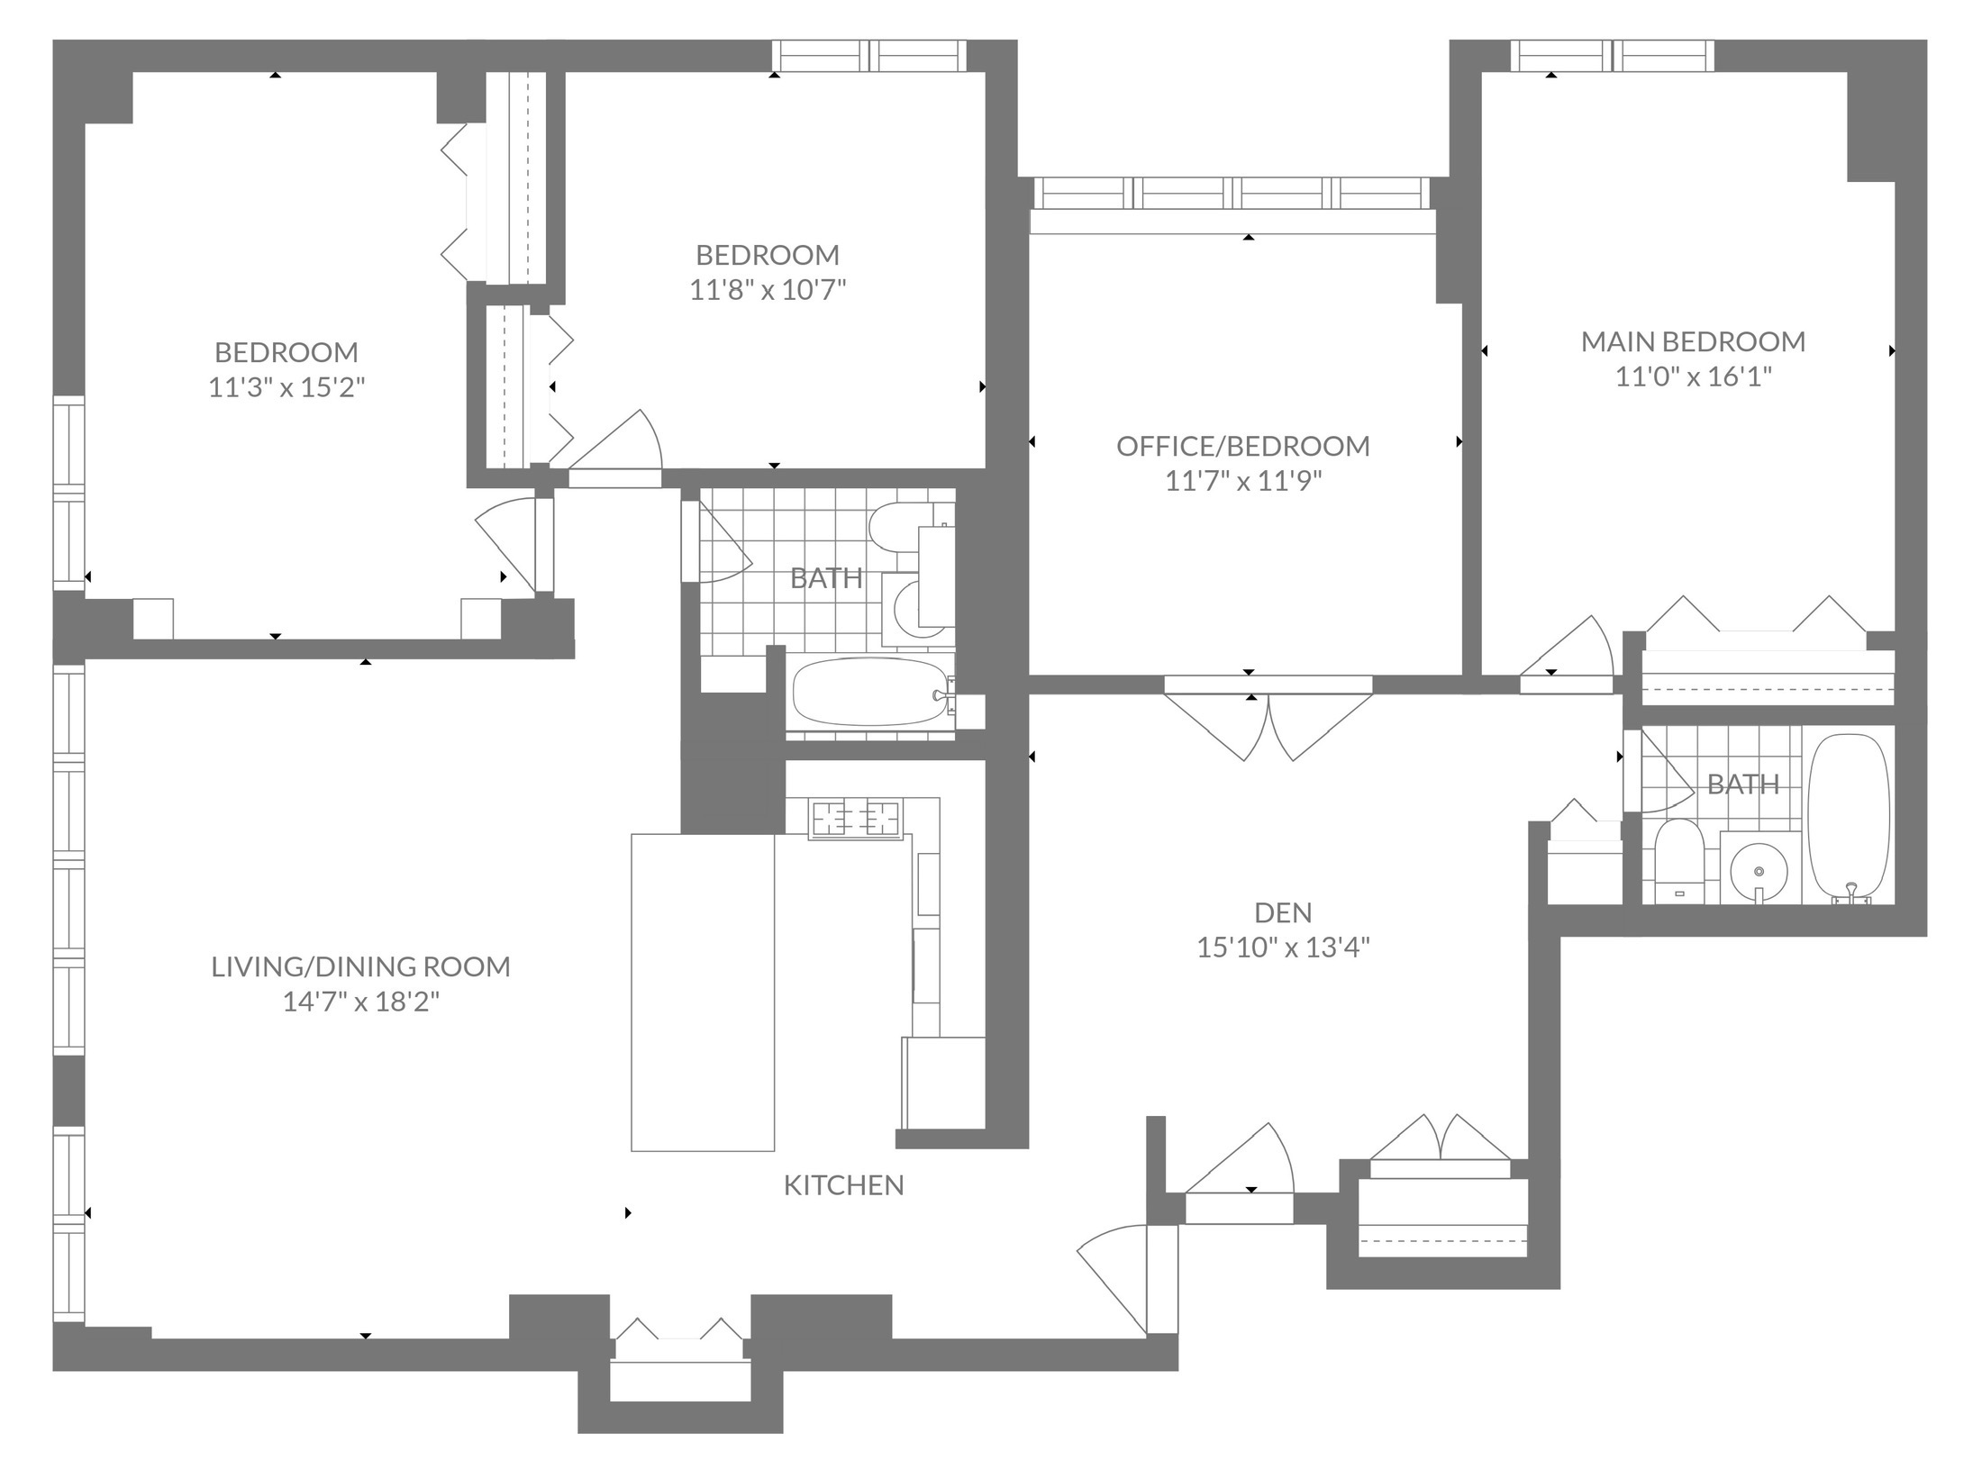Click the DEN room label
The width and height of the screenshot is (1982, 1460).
[1283, 912]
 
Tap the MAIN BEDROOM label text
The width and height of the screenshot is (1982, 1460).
[1693, 341]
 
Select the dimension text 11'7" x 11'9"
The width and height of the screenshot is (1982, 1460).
[1243, 481]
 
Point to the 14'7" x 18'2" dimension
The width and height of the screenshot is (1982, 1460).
[361, 1002]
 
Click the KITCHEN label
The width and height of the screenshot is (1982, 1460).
[843, 1185]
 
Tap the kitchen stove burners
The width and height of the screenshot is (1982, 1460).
[856, 819]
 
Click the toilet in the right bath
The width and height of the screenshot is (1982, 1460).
[1677, 860]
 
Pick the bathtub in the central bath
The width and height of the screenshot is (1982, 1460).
[870, 692]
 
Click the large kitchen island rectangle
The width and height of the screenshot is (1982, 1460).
[703, 992]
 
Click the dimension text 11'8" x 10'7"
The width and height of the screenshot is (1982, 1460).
[768, 290]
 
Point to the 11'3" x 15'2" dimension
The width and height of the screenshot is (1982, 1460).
[286, 387]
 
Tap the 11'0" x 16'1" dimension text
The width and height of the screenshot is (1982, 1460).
[1693, 376]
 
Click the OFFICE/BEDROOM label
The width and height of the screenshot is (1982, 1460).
[1243, 446]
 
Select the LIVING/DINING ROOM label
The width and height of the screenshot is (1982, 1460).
[361, 966]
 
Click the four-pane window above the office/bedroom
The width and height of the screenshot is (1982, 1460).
[1232, 193]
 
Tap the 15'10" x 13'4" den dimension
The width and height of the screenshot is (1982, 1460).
[1283, 948]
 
